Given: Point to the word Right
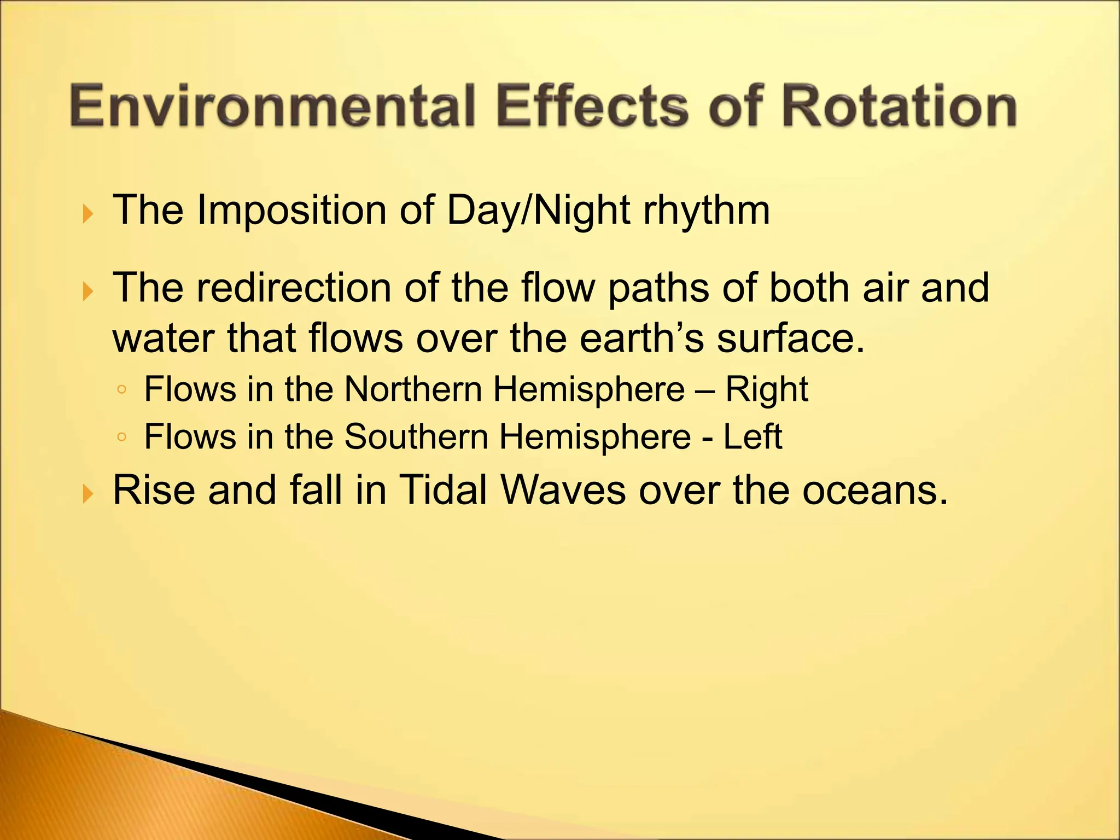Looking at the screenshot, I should tap(766, 389).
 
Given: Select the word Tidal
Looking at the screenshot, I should tap(442, 490).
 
